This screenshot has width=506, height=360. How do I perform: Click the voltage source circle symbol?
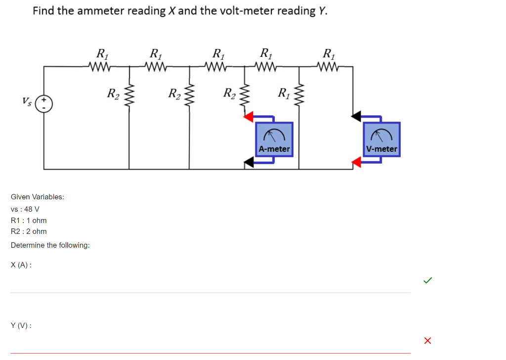tap(44, 103)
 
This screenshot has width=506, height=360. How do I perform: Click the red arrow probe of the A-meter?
tap(249, 116)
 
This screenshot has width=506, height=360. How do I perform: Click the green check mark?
tap(427, 281)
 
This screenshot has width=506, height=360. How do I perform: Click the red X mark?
tap(427, 340)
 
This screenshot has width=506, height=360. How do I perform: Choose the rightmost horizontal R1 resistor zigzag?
tap(328, 66)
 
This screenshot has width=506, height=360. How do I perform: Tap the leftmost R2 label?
tap(113, 93)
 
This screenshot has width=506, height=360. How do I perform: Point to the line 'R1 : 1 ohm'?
tap(29, 221)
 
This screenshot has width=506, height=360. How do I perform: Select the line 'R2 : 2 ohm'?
tap(29, 231)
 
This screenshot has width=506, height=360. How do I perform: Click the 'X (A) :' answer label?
tap(21, 265)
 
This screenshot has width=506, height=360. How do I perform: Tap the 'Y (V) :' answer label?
tap(21, 325)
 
